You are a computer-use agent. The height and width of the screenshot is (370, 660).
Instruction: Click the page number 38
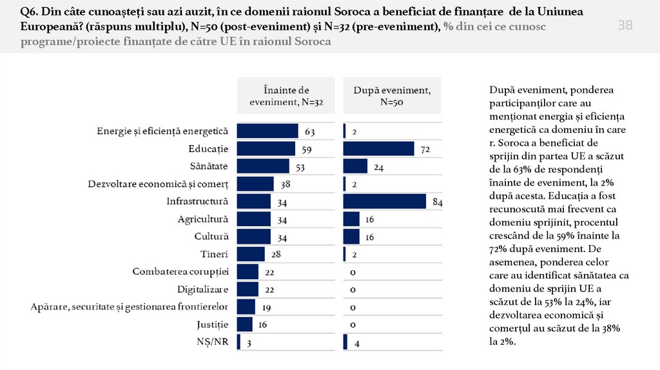coord(625,25)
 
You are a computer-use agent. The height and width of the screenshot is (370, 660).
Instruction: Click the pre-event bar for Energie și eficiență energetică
coord(267,131)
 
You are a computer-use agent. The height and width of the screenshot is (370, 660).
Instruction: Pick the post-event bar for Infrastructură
coord(385,201)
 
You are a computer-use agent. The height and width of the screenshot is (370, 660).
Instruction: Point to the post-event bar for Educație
coord(378,149)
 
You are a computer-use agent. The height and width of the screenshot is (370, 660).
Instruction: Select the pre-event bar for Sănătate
coord(263,166)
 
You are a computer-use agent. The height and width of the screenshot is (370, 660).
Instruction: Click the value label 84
coord(437,202)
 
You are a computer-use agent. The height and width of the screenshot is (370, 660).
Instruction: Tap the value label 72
coord(425,150)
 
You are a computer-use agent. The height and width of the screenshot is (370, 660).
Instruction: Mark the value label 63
coord(309,131)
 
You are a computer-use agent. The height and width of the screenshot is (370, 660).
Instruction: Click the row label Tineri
coord(215,254)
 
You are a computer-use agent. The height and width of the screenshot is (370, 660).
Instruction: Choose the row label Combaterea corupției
coord(180,271)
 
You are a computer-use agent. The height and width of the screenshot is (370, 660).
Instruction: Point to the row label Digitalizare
coord(203,289)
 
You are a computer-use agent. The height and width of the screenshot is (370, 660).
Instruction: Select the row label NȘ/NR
coord(213,342)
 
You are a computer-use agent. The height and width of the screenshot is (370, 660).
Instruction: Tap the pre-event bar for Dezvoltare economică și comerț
coord(255,184)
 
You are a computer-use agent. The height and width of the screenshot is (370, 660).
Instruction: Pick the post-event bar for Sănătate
coord(355,166)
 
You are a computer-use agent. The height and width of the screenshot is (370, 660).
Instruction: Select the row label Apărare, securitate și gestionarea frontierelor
coord(130,306)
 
